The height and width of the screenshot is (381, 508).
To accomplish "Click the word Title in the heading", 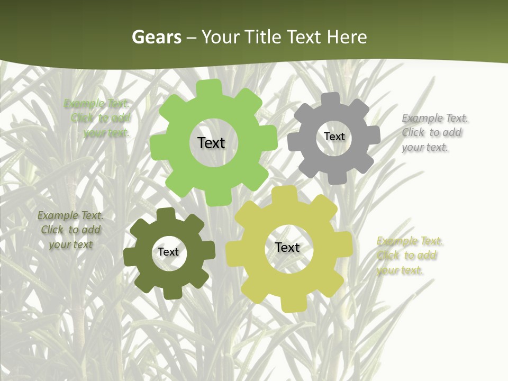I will click(264, 37).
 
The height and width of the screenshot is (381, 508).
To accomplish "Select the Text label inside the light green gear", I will click(211, 143).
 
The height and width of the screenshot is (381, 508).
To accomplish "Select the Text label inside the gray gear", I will click(334, 137).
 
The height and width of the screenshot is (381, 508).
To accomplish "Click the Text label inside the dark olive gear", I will click(168, 252).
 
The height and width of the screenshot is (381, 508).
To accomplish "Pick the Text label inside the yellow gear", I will click(287, 247).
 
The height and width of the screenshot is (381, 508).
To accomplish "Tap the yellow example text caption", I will click(409, 256).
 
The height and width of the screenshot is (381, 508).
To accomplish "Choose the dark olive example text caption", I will click(70, 230).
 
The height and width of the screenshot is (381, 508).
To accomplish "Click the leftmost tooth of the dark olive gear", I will click(129, 257).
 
